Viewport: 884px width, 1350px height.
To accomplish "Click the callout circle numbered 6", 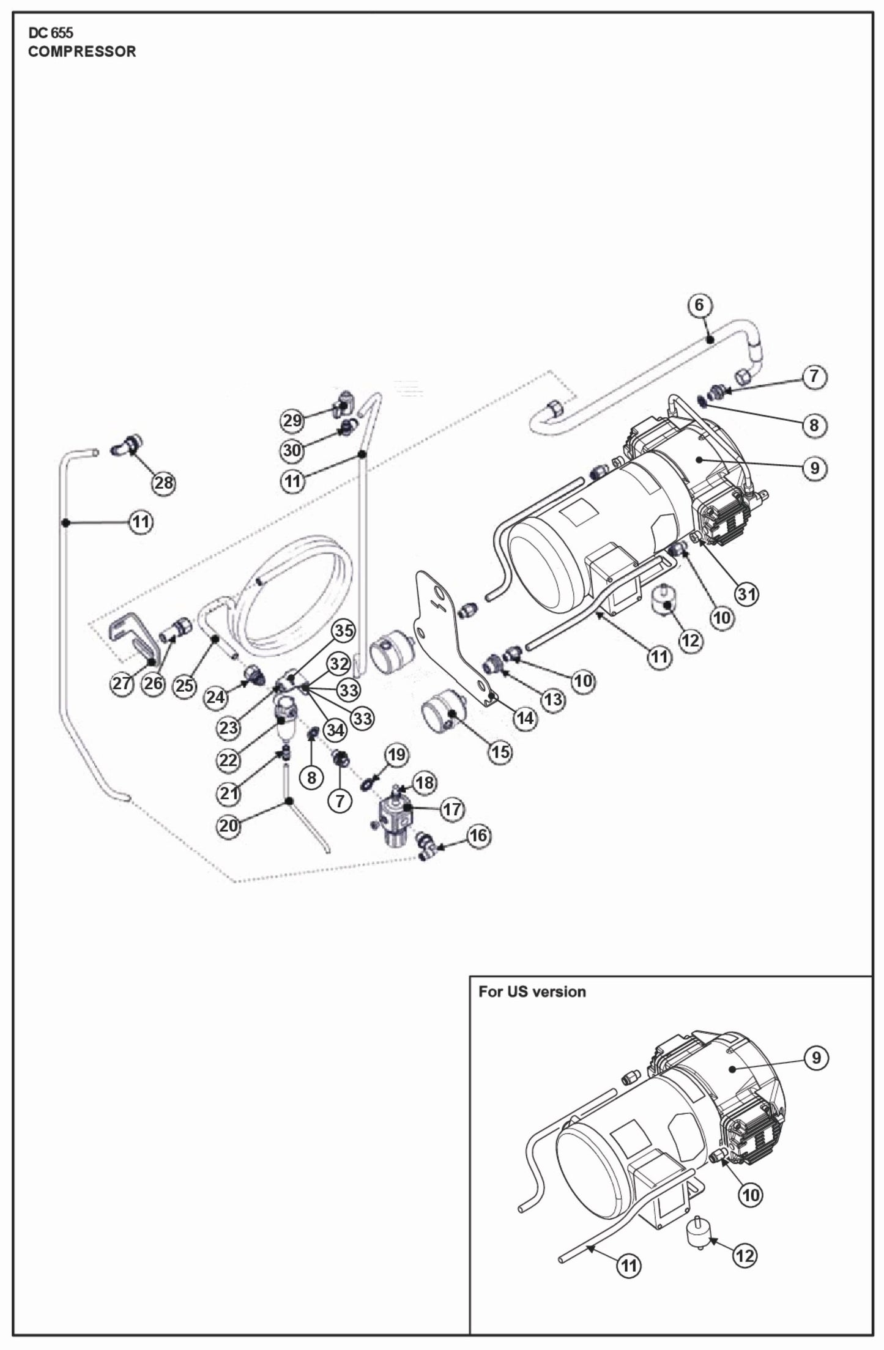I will pyautogui.click(x=700, y=305).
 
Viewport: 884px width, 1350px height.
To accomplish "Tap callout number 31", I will pyautogui.click(x=747, y=593).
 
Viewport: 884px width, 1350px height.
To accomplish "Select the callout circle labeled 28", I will pyautogui.click(x=163, y=483).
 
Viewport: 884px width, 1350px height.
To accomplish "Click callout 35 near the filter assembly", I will pyautogui.click(x=344, y=631).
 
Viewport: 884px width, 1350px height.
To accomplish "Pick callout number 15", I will pyautogui.click(x=500, y=752).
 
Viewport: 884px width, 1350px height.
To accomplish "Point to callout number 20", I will pyautogui.click(x=228, y=826).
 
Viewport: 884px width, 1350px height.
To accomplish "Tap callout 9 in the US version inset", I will pyautogui.click(x=816, y=1058).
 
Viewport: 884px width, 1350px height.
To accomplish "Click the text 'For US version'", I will pyautogui.click(x=532, y=992).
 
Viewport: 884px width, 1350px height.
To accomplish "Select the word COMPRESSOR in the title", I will pyautogui.click(x=82, y=51).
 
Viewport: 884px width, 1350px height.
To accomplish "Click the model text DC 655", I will pyautogui.click(x=50, y=33).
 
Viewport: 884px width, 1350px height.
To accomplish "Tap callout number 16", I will pyautogui.click(x=479, y=836).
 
